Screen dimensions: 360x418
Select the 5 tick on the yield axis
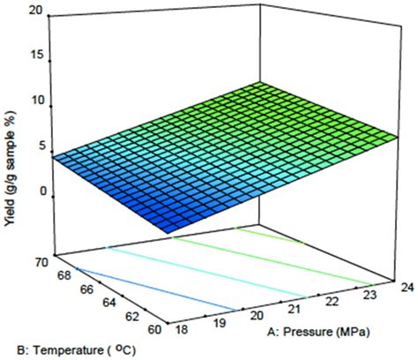tap(36, 146)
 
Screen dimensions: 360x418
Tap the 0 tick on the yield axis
tap(36, 191)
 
